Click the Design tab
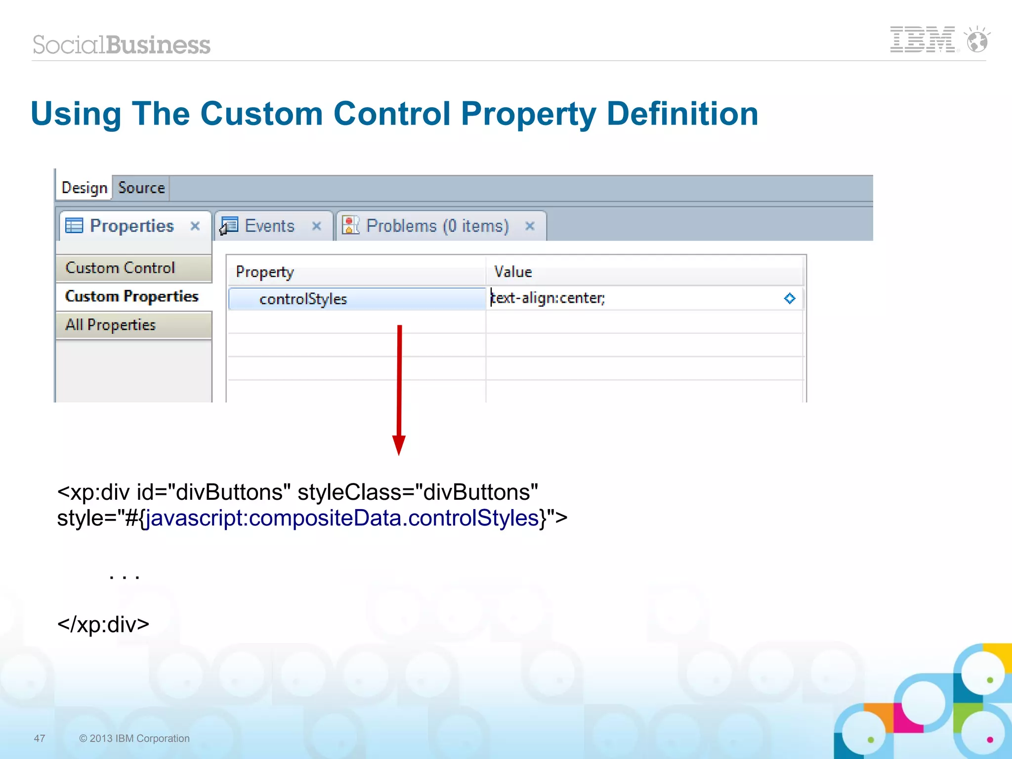(x=84, y=188)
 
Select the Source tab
(x=141, y=188)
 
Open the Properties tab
(x=131, y=226)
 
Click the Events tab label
(x=269, y=226)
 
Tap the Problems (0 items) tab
(x=437, y=226)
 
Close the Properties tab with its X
(x=195, y=226)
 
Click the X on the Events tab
(x=317, y=226)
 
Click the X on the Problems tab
(x=530, y=226)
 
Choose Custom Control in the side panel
(x=121, y=268)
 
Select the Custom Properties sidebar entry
(x=131, y=296)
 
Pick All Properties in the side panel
(x=111, y=325)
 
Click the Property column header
(x=265, y=272)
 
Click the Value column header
(x=513, y=272)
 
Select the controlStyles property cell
(x=303, y=299)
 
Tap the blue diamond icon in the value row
(x=789, y=298)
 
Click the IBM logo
(x=923, y=40)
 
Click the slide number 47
(x=40, y=738)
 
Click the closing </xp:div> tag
(x=103, y=625)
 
